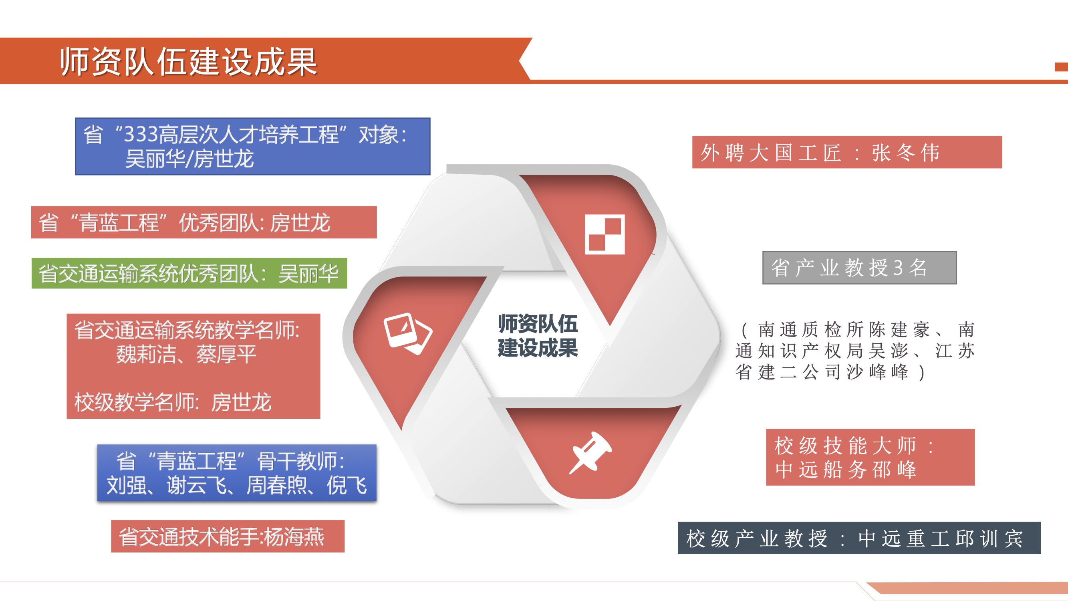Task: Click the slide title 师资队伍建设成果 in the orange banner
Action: (189, 62)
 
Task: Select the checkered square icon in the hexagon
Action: (605, 234)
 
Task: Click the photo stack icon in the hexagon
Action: (408, 333)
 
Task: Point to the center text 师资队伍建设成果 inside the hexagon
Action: (538, 335)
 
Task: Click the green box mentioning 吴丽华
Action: (189, 273)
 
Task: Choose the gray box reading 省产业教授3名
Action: (859, 268)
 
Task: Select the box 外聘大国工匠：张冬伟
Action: (847, 152)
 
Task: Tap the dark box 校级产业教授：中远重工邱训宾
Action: (859, 538)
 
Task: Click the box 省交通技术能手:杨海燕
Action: (228, 536)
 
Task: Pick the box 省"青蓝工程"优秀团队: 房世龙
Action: (204, 222)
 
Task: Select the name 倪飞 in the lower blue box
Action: (347, 485)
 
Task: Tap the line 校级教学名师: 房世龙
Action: (173, 402)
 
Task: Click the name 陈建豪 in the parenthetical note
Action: (900, 330)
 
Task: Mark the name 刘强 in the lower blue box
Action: (127, 485)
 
